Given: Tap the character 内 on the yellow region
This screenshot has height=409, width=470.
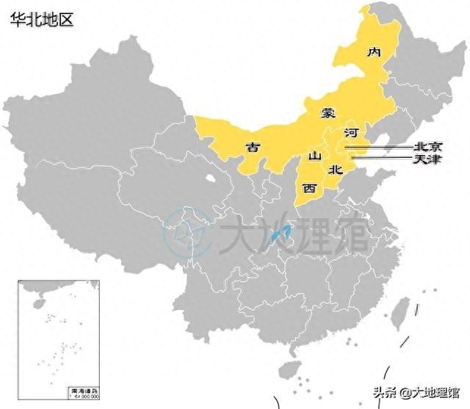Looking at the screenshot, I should pos(375,52).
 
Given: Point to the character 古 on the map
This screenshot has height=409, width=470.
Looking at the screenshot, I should pos(253,147).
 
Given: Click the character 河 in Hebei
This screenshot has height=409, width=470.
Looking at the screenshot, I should pos(351,133).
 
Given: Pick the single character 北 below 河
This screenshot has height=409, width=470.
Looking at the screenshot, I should pos(335,169).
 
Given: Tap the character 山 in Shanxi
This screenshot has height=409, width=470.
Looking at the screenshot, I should pos(314,156).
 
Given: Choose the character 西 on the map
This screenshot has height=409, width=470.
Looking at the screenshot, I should pos(309,188).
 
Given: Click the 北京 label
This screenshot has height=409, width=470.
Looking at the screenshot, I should pos(427,146).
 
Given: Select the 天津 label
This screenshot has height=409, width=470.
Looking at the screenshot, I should pos(427,159).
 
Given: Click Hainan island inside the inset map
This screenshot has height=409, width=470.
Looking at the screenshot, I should pos(36,302).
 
